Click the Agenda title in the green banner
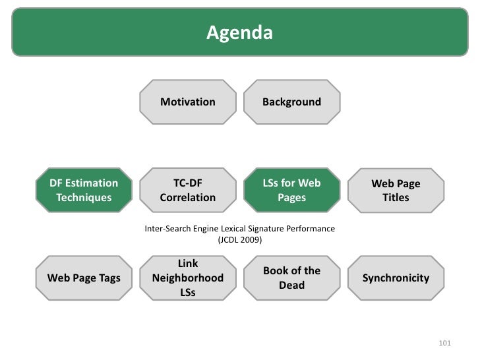[x=239, y=32]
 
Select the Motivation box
[x=188, y=102]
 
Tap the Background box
[x=291, y=102]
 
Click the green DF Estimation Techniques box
[x=84, y=190]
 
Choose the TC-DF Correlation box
[x=188, y=190]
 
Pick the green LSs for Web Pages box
[x=291, y=190]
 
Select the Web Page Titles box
[x=396, y=191]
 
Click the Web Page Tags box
[x=84, y=278]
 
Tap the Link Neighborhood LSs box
[x=188, y=278]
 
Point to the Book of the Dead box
[x=291, y=278]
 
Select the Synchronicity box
[x=396, y=278]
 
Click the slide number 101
[x=444, y=343]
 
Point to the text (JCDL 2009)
[x=239, y=241]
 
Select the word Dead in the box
[x=291, y=285]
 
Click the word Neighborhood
[x=188, y=278]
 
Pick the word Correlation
[x=188, y=197]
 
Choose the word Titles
[x=396, y=198]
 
